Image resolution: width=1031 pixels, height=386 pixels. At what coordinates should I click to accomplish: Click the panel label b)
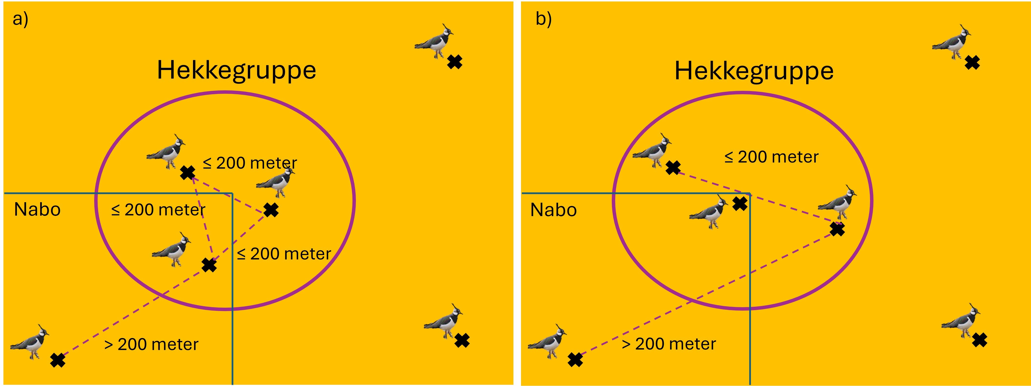[544, 19]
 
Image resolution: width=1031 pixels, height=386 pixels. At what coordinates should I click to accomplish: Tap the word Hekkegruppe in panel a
[237, 70]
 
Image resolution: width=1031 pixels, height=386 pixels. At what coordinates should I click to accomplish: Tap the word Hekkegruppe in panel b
[754, 71]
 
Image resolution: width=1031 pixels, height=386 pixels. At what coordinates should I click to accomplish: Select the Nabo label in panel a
[37, 210]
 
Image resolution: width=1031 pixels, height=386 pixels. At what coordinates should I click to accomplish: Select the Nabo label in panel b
[554, 210]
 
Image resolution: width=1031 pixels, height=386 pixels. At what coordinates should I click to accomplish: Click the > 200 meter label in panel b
[669, 344]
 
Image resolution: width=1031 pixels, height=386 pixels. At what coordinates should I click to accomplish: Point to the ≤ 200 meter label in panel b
[771, 157]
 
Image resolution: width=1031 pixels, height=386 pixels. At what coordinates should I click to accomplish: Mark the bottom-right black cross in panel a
[462, 341]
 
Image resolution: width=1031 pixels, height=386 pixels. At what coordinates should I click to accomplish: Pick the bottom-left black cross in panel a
[58, 360]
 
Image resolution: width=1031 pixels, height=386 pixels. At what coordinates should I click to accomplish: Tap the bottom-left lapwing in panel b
[547, 341]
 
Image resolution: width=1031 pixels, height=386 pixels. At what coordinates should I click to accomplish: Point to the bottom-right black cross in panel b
[979, 340]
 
